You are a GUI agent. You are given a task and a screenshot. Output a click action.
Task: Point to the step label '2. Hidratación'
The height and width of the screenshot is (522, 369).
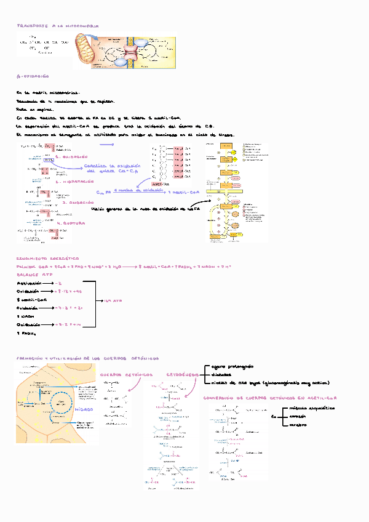(x=74, y=182)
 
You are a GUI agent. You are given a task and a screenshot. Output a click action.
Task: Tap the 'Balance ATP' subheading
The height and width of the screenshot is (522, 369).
(x=34, y=274)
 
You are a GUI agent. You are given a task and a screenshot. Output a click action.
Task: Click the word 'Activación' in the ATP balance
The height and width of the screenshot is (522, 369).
(x=33, y=283)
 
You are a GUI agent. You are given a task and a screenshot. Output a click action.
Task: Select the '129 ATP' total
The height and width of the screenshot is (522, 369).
(x=113, y=300)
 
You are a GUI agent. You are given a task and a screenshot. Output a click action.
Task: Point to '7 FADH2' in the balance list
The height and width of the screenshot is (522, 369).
(x=28, y=332)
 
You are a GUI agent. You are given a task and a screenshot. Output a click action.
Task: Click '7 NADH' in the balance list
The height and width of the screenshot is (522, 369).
(x=28, y=316)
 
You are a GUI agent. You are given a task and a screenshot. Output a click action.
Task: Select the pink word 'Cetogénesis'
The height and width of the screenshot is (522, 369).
(x=181, y=374)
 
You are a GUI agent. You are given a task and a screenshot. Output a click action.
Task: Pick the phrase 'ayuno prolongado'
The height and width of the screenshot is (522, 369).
(x=232, y=366)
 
